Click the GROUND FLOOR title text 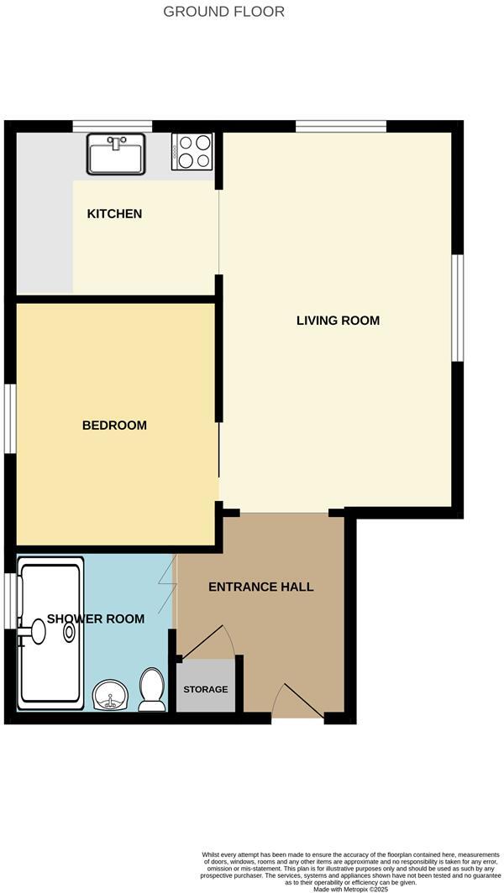pyautogui.click(x=223, y=12)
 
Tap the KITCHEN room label pyautogui.click(x=114, y=214)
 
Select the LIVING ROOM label pyautogui.click(x=338, y=321)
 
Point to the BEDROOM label pyautogui.click(x=114, y=426)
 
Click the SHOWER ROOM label pyautogui.click(x=95, y=619)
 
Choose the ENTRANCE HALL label pyautogui.click(x=260, y=587)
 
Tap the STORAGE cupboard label pyautogui.click(x=206, y=689)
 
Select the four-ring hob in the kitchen pyautogui.click(x=192, y=152)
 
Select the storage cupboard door pyautogui.click(x=208, y=643)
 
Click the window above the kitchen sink pyautogui.click(x=112, y=127)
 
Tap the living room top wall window pyautogui.click(x=340, y=127)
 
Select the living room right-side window pyautogui.click(x=458, y=307)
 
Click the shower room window pyautogui.click(x=10, y=599)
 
